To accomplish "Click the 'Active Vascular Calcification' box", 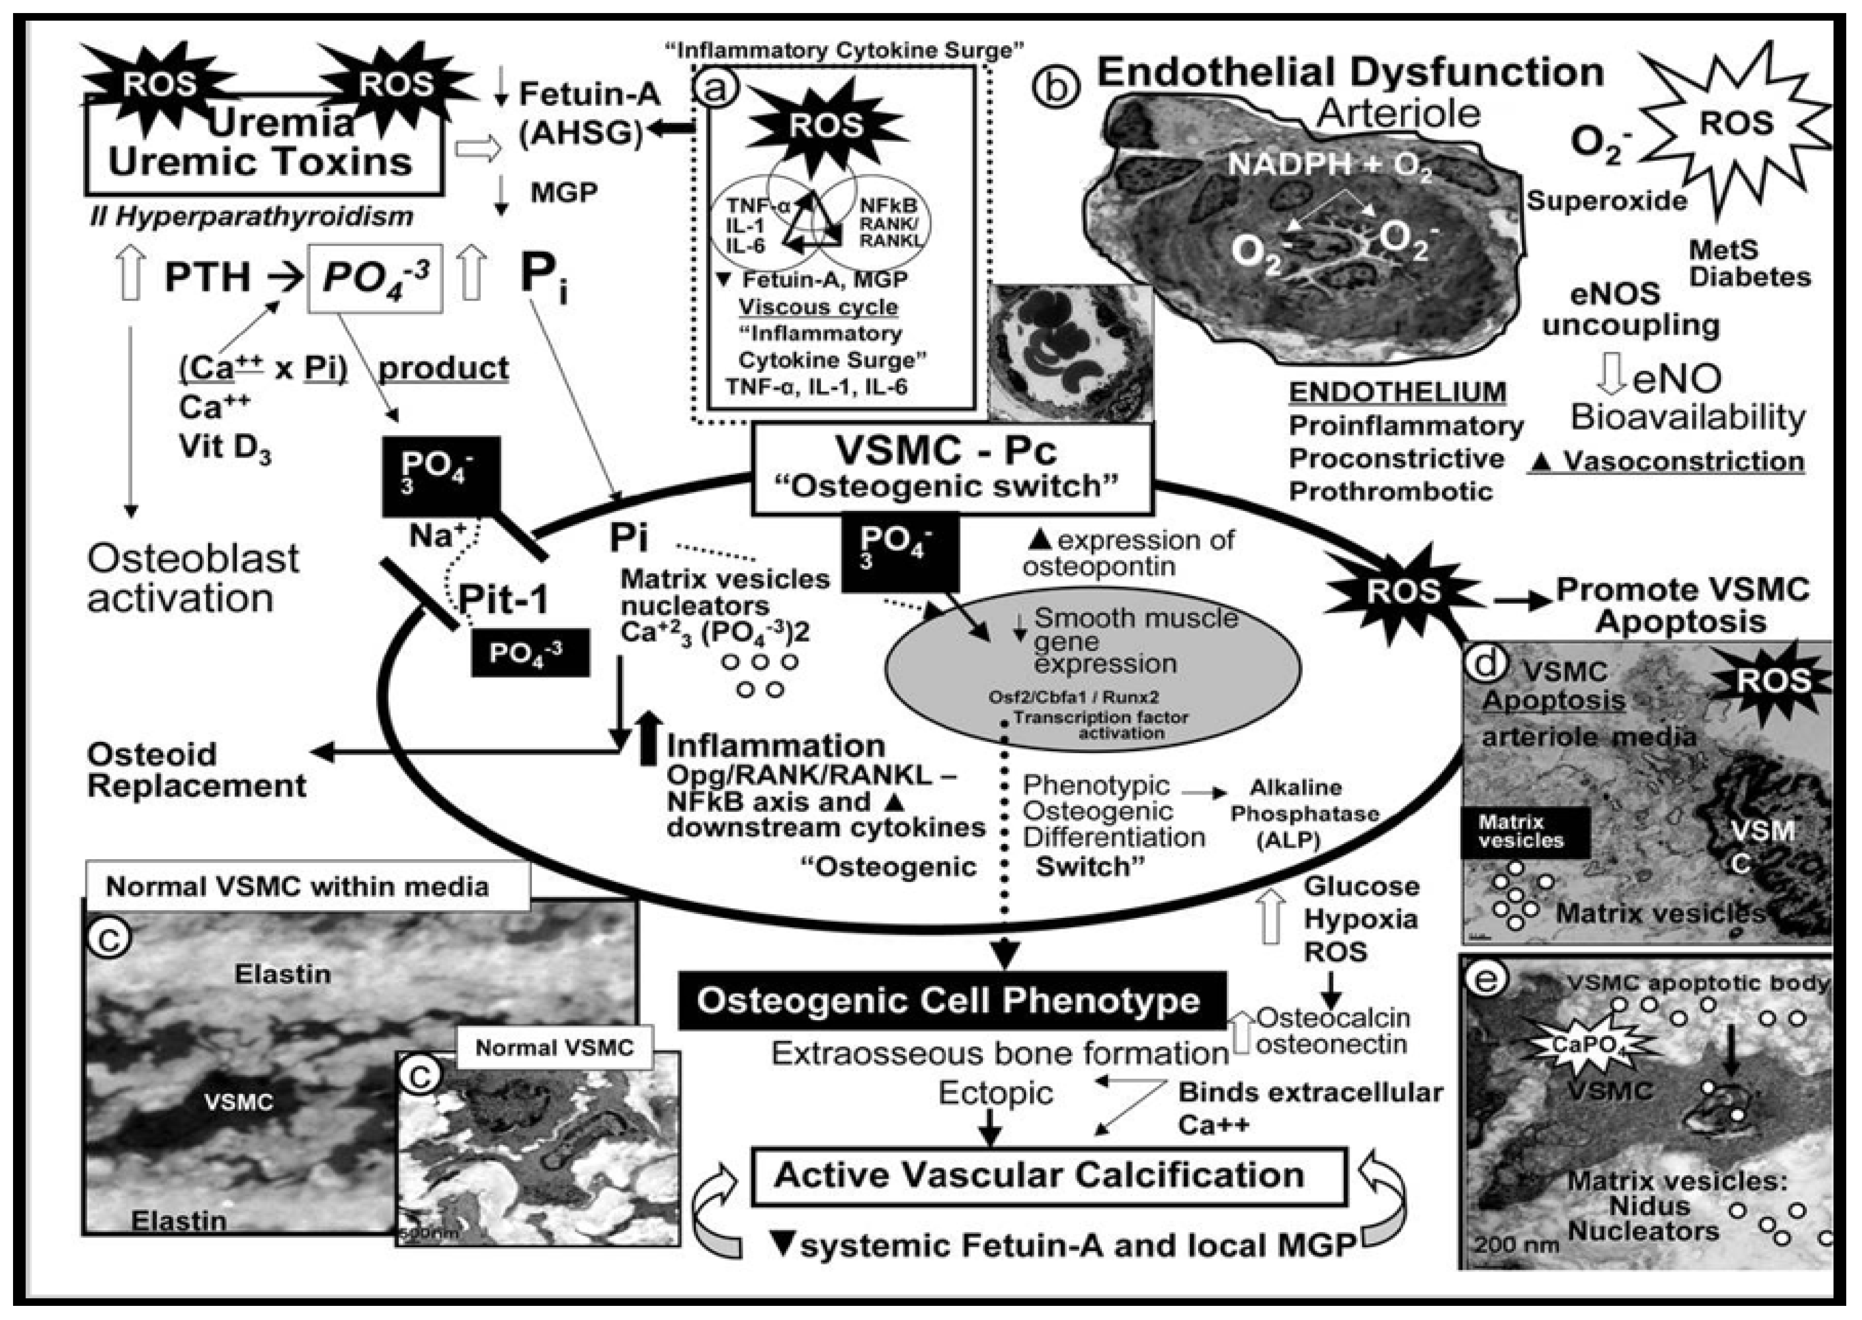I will pyautogui.click(x=1040, y=1175).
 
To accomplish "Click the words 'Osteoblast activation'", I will pyautogui.click(x=193, y=578).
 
